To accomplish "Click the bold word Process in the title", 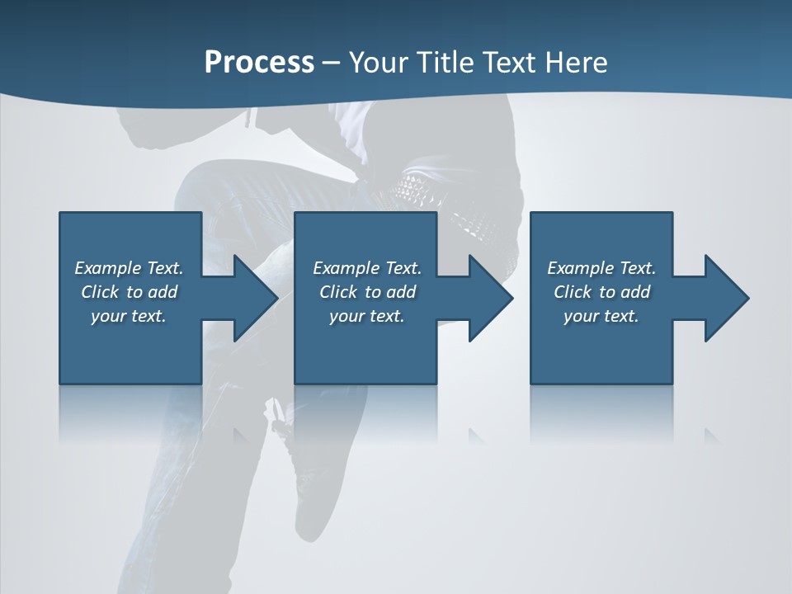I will tap(259, 63).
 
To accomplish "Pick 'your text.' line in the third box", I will tap(601, 316).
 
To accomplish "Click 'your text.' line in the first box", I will tap(129, 316).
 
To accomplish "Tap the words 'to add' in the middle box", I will tap(390, 292).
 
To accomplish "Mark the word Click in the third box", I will tap(573, 292).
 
